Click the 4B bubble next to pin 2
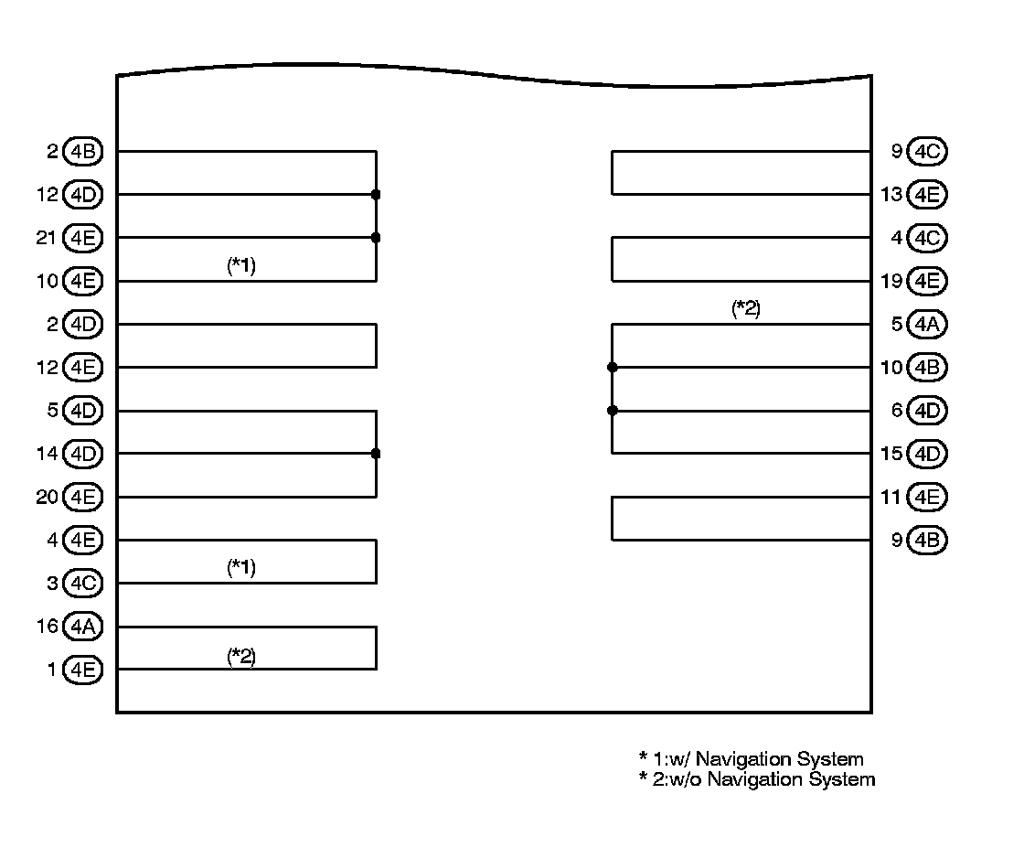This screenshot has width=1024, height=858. point(83,152)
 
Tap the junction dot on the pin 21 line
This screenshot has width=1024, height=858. point(376,238)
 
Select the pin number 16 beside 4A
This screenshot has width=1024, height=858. point(47,627)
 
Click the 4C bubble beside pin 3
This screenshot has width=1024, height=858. point(83,584)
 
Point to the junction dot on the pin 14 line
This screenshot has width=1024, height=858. point(376,454)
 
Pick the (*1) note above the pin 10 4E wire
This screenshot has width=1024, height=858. point(241,266)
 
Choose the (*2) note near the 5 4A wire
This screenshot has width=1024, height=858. point(746,309)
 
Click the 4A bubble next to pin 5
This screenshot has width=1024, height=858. point(928,324)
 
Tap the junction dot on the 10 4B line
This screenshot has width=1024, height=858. point(613,368)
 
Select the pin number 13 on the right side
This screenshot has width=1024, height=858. point(891,195)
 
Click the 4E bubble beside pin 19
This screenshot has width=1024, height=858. point(928,281)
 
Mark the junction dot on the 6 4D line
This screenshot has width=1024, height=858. point(613,411)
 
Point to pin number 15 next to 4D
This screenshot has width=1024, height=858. point(891,454)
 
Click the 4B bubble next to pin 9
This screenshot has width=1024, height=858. point(928,541)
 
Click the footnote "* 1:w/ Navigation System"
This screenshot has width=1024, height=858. point(751,759)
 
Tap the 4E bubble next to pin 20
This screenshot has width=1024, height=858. point(83,498)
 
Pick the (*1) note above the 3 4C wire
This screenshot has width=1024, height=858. point(241,568)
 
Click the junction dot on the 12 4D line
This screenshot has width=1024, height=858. point(376,195)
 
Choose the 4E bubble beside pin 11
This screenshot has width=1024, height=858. point(928,498)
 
